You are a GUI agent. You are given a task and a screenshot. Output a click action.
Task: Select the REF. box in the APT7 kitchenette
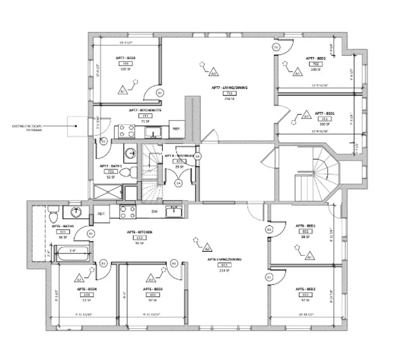click(176, 129)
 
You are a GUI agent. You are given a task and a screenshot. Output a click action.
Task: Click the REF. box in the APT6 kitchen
click(101, 214)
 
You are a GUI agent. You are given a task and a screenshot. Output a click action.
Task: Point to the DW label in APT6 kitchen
click(155, 211)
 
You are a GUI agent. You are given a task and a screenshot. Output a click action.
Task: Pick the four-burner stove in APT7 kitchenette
click(125, 131)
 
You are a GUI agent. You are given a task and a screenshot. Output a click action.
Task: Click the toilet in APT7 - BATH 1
click(128, 172)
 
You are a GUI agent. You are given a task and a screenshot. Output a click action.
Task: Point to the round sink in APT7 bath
click(131, 153)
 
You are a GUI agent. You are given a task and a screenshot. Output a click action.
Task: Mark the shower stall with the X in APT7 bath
click(108, 192)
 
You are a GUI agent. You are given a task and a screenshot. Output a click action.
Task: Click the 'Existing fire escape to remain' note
click(27, 128)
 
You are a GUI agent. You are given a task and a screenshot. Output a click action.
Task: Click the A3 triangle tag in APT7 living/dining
click(213, 72)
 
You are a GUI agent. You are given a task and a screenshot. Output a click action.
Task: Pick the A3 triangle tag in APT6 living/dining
click(207, 248)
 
